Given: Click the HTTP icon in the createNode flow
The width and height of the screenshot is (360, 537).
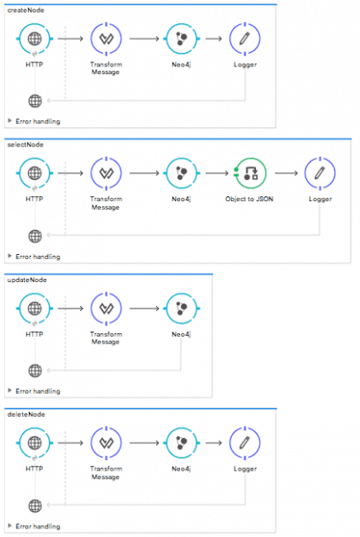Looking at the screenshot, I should point(34,38).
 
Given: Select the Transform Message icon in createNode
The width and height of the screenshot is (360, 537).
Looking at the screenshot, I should point(106,38).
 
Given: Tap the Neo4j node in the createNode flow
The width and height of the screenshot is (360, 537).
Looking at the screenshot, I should point(180,38).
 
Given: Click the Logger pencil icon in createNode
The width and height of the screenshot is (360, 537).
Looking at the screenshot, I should point(245,38).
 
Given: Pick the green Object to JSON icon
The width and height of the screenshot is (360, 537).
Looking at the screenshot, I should point(250,172).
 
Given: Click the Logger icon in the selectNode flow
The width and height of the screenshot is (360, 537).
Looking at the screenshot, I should point(319,172).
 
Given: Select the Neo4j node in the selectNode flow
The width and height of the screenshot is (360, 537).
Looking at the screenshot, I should point(180,172).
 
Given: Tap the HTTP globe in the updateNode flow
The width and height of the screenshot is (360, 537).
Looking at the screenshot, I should point(34,308).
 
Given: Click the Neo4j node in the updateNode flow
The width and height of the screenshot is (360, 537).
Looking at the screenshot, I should point(180,308).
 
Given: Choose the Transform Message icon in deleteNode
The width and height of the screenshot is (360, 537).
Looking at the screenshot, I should point(106,442).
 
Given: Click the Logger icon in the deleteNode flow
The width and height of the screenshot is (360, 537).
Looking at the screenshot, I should point(245,442).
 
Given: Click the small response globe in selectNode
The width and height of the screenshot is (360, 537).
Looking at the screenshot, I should point(34,235).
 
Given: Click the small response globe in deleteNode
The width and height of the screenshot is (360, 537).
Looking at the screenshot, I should point(34,505).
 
